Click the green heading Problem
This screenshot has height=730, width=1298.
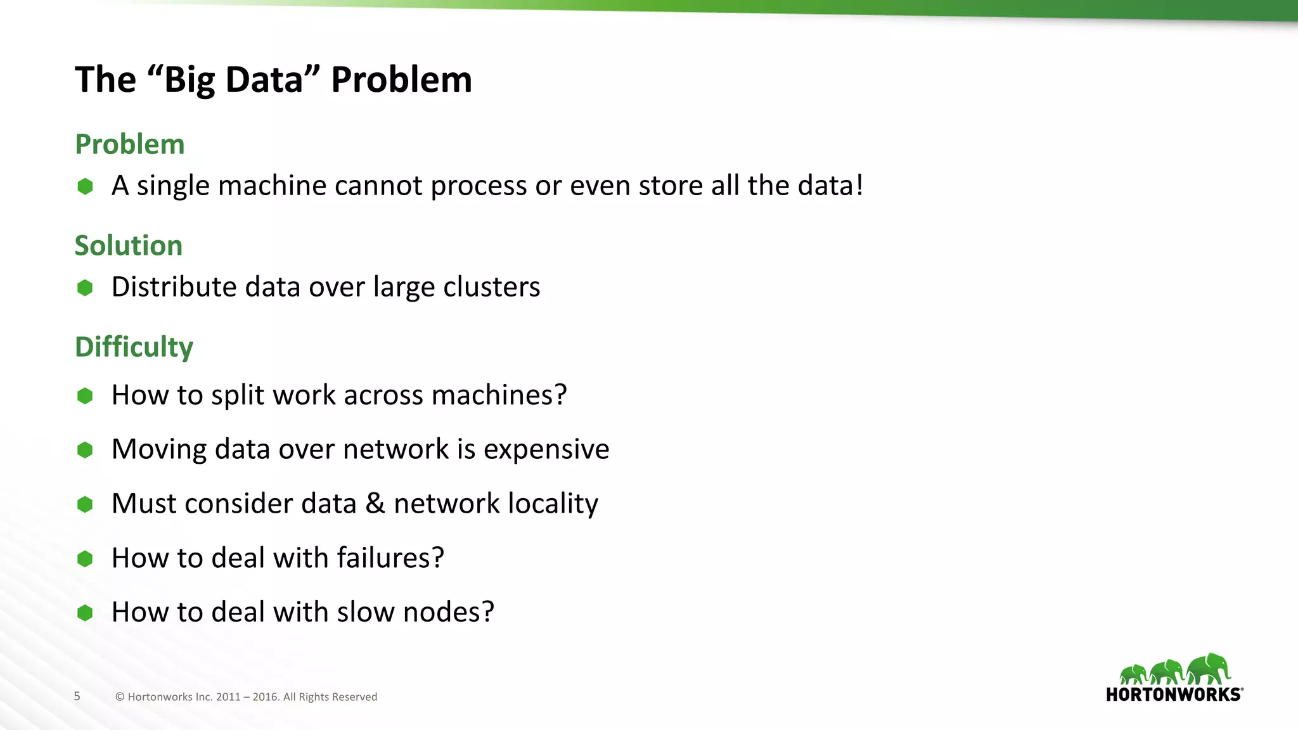tap(129, 144)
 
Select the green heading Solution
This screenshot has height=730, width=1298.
tap(128, 246)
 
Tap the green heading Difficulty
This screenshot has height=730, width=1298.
tap(134, 347)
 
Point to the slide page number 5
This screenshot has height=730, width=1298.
tap(77, 696)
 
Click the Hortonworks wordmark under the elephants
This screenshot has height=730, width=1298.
tap(1173, 695)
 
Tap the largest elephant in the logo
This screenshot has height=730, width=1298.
tap(1209, 669)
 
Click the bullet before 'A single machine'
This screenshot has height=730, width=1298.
tap(85, 186)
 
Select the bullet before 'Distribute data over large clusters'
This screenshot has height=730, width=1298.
tap(85, 288)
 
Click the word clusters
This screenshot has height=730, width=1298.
tap(491, 287)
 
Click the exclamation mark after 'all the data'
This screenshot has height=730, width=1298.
tap(859, 185)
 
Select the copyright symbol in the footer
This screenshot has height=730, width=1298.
tap(120, 697)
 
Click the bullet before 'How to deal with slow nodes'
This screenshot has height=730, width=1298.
tap(85, 613)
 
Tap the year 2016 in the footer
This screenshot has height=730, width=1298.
tap(266, 697)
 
